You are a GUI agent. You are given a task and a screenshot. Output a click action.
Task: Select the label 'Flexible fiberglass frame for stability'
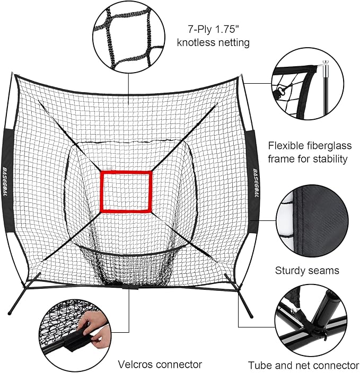tap(308, 152)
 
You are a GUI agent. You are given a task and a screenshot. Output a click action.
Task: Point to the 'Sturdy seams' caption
tap(307, 270)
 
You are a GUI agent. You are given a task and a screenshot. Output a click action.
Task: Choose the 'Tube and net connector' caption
tap(304, 365)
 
